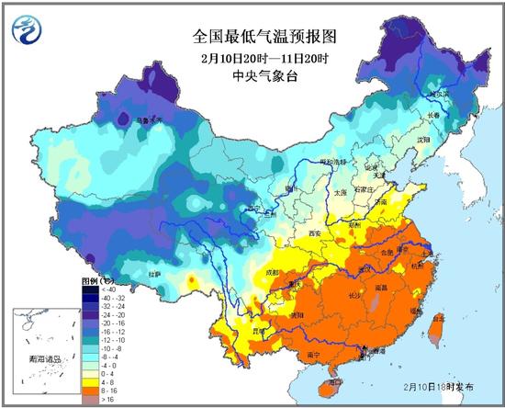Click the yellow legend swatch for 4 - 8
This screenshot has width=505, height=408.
(x=86, y=382)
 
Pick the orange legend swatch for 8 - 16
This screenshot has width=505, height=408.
(x=86, y=391)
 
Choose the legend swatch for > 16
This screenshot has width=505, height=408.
(x=86, y=401)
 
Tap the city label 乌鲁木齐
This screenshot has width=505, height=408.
(x=149, y=119)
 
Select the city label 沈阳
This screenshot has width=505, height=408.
(x=423, y=139)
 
